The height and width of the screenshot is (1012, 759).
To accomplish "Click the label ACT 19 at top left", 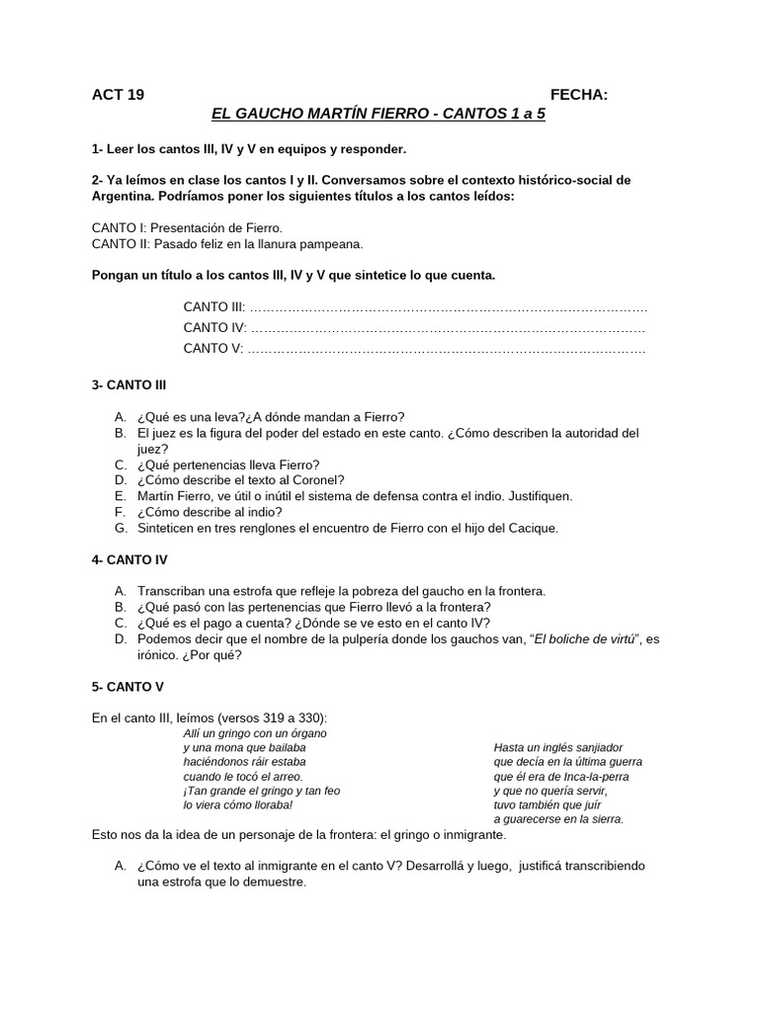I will [118, 95].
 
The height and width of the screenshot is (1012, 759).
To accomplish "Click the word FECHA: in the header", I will [579, 95].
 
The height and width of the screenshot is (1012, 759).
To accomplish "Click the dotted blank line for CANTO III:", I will [450, 307].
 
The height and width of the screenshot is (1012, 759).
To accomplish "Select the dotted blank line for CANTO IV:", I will [450, 328].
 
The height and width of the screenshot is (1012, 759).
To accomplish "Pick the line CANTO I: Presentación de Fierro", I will [187, 227].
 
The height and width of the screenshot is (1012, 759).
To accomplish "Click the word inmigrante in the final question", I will [326, 866].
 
